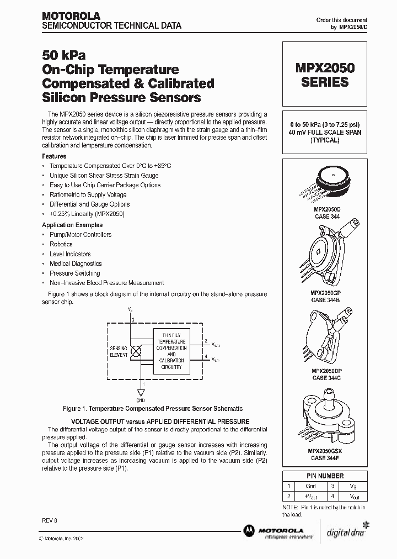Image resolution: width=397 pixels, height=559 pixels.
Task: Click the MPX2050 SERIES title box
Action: click(x=325, y=75)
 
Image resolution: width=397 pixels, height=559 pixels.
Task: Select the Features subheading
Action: click(x=54, y=156)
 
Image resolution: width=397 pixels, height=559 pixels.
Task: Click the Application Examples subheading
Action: click(x=72, y=225)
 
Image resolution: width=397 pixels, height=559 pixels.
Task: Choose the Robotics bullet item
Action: click(x=61, y=244)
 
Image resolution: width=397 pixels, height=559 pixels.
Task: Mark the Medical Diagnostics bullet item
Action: click(x=76, y=263)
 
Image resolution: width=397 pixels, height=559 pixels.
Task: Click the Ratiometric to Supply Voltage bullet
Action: click(x=88, y=194)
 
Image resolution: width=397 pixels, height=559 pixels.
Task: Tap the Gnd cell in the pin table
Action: click(x=310, y=486)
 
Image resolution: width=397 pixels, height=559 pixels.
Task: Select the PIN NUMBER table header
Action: click(x=325, y=476)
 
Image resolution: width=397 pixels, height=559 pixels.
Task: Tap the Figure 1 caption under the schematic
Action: click(x=152, y=409)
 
